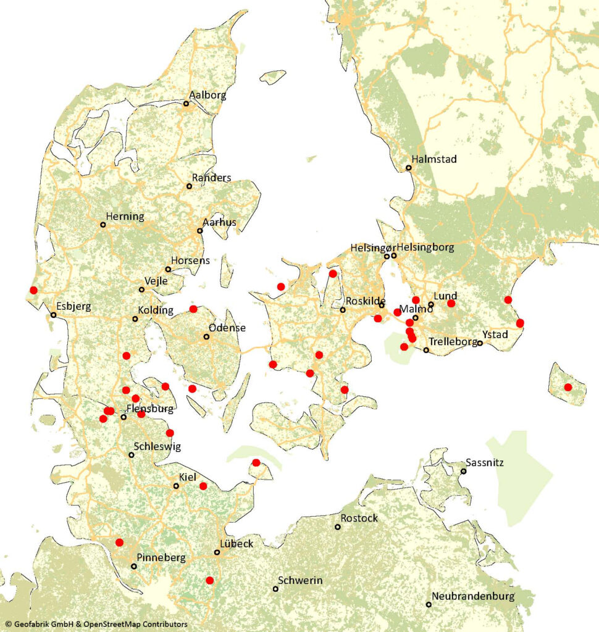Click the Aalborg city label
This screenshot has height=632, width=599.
pos(208,96)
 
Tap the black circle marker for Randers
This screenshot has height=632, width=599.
pos(190,186)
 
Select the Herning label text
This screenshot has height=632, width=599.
pos(125,217)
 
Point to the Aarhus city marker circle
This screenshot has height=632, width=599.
pos(199,231)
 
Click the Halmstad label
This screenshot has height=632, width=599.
pos(435,159)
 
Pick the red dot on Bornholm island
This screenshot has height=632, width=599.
pos(568,387)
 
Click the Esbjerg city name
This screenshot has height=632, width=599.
pos(73,306)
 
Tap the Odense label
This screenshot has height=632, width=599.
pos(227,328)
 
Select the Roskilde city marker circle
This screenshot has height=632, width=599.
pos(343,310)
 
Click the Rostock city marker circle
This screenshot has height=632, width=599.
pos(338,527)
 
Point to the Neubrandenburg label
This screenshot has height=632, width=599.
pos(473,596)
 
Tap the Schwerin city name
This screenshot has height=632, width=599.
pos(300,581)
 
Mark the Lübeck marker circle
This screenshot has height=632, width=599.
pos(217,552)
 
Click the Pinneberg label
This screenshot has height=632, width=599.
pos(161,558)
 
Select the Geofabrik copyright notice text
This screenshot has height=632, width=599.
pos(96,625)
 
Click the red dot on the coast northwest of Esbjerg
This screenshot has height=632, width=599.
pos(33,290)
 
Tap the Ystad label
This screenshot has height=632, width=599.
pos(495,335)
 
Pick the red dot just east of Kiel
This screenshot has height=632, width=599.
pos(203,486)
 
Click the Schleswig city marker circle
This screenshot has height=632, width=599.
pos(131,455)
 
